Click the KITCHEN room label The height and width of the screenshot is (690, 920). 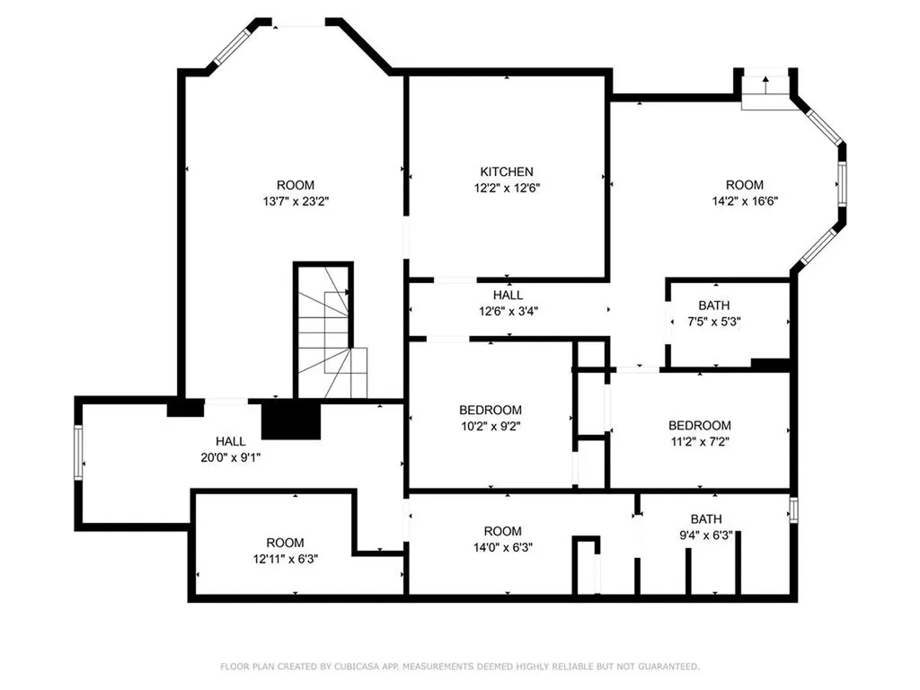pos(507,172)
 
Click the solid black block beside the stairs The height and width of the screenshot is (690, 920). pos(291,420)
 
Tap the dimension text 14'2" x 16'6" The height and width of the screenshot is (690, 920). pos(744,201)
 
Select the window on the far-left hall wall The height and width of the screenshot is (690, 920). pos(79,453)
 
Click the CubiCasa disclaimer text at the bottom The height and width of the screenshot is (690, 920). pos(460,667)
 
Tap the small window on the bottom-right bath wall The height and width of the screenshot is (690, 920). pos(792,509)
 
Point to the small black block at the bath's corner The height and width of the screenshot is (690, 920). pos(770,364)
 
